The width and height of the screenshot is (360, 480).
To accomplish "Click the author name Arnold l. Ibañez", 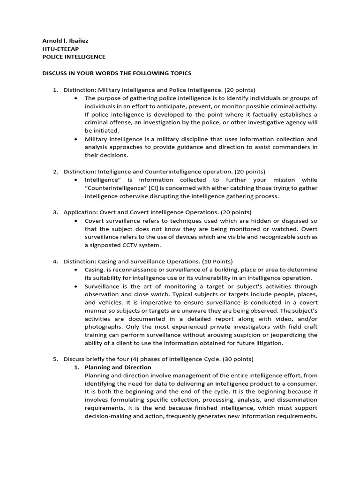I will click(65, 40).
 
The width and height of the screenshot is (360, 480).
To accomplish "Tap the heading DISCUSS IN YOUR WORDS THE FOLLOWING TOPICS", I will click(117, 73).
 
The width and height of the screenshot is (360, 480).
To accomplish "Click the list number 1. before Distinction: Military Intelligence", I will click(55, 90).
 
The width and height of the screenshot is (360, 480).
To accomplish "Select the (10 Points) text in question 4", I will click(217, 262).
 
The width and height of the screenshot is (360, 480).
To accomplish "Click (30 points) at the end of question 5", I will click(238, 359).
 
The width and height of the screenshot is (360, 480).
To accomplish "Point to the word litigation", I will click(268, 343).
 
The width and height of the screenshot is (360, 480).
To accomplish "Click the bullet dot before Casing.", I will click(76, 270).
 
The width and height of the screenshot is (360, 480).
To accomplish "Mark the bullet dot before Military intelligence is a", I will click(76, 139).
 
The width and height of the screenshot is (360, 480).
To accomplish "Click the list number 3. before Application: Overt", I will click(55, 212).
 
